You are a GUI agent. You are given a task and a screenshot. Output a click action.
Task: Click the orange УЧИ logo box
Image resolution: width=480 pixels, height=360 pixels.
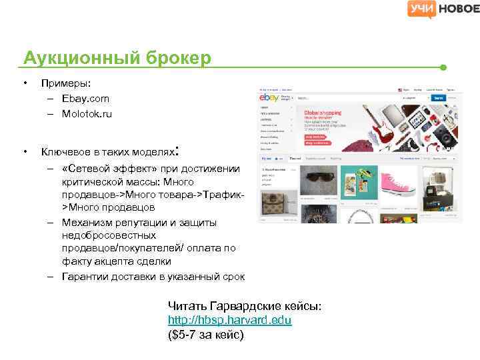(420, 9)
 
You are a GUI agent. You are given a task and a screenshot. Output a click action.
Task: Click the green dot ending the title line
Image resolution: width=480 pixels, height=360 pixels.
(443, 68)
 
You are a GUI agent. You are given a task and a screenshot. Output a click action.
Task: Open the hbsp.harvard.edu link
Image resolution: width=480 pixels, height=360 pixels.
(229, 320)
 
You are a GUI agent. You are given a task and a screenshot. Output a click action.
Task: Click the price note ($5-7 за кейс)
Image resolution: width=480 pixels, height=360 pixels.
(206, 334)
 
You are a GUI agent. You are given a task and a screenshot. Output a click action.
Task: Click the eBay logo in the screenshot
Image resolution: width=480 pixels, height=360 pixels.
(269, 98)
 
